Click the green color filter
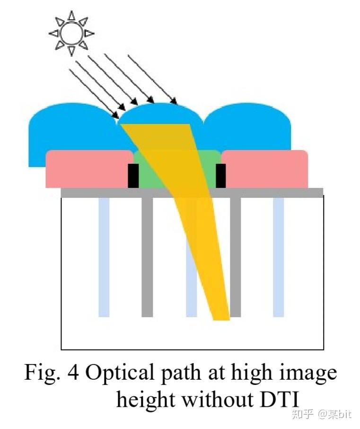156,170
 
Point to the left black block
133,176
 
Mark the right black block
220,176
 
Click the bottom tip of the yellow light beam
221,318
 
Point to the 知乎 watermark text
303,415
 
